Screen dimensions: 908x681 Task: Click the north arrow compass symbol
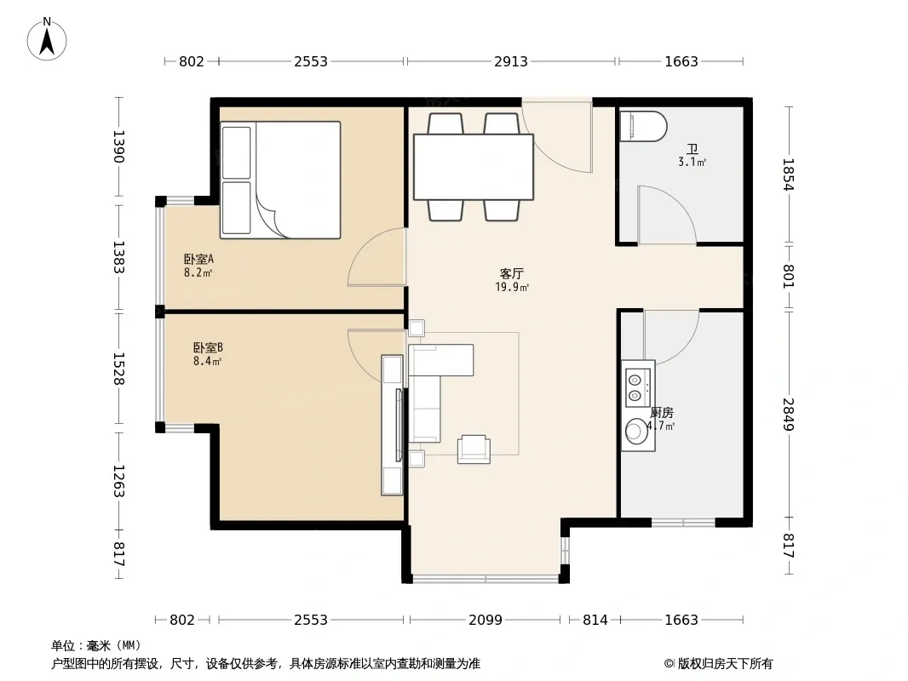click(x=47, y=39)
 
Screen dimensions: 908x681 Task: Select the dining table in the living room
click(x=473, y=167)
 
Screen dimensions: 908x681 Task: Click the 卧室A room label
click(x=198, y=260)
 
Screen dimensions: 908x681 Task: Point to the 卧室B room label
click(x=208, y=347)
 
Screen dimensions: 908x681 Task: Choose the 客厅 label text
click(x=512, y=273)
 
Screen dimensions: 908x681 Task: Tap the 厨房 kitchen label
click(x=661, y=413)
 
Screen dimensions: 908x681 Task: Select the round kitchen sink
click(x=636, y=432)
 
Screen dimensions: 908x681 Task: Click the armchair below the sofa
click(x=474, y=449)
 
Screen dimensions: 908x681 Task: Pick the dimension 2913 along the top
click(x=511, y=61)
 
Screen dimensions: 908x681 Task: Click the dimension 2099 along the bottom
click(x=486, y=620)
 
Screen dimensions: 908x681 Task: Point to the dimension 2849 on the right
click(x=788, y=415)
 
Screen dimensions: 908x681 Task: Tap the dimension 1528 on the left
click(x=118, y=369)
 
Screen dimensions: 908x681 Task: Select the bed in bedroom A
click(x=280, y=180)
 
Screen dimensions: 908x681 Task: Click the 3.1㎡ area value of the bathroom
click(x=692, y=163)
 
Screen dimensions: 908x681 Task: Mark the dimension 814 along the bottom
click(x=595, y=620)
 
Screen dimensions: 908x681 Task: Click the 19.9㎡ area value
click(x=512, y=287)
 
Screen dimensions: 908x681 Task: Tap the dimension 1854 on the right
click(x=788, y=175)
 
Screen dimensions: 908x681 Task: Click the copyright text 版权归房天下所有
click(x=725, y=664)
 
